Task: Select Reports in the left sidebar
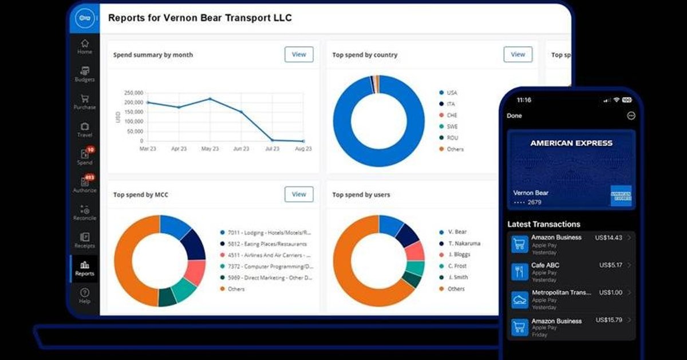click(85, 268)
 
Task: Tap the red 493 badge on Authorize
click(89, 177)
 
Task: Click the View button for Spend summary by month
click(299, 54)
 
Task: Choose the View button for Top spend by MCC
click(299, 194)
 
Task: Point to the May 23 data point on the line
click(210, 99)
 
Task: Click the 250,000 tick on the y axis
click(133, 93)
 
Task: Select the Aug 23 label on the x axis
click(303, 149)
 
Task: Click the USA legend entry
click(452, 93)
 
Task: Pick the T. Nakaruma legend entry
click(464, 243)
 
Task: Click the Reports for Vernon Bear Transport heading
click(200, 18)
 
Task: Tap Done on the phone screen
click(514, 116)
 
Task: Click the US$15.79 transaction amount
click(609, 320)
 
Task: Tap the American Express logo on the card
click(621, 196)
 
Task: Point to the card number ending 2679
click(527, 203)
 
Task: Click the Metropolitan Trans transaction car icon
click(520, 299)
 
